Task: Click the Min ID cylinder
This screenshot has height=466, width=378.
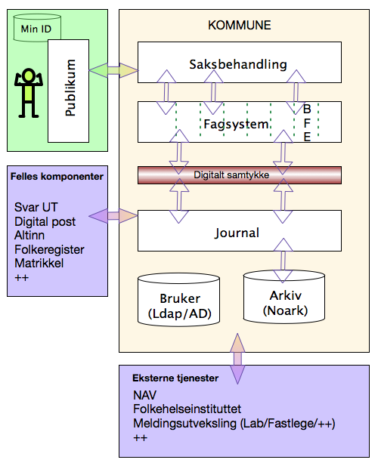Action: (37, 28)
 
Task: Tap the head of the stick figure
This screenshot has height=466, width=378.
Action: (29, 75)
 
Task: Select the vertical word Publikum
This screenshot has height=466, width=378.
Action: (70, 88)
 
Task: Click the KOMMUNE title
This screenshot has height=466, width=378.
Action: (240, 25)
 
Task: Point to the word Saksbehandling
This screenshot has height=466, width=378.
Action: (238, 64)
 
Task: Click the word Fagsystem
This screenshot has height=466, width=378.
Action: (236, 124)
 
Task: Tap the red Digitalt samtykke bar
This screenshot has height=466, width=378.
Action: (240, 175)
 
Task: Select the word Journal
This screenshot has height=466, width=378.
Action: (237, 233)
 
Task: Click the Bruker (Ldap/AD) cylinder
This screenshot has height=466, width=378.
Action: (178, 300)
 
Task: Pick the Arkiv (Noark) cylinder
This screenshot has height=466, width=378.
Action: (284, 297)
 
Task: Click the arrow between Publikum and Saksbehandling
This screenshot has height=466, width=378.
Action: (113, 70)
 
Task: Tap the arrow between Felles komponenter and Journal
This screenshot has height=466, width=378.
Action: (113, 216)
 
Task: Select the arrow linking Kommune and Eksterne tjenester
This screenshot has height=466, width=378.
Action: (237, 359)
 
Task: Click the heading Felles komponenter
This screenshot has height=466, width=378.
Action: (57, 177)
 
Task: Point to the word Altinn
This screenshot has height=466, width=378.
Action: (29, 236)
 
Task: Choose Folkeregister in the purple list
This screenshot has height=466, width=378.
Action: (49, 250)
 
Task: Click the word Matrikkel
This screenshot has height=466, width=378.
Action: (39, 264)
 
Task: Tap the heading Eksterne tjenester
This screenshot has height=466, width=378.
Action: (175, 378)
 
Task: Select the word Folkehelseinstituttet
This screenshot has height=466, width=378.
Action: (187, 409)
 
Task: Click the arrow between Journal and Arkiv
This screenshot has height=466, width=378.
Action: (283, 261)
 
